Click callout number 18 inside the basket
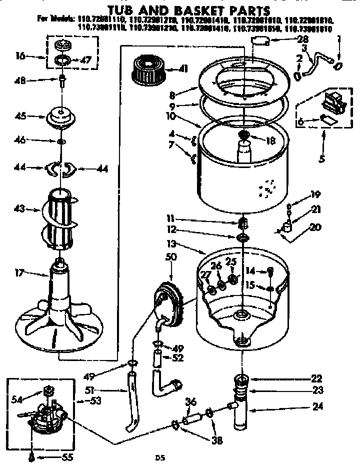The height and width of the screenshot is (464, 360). (270, 141)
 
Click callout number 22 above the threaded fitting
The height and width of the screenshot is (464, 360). (316, 378)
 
